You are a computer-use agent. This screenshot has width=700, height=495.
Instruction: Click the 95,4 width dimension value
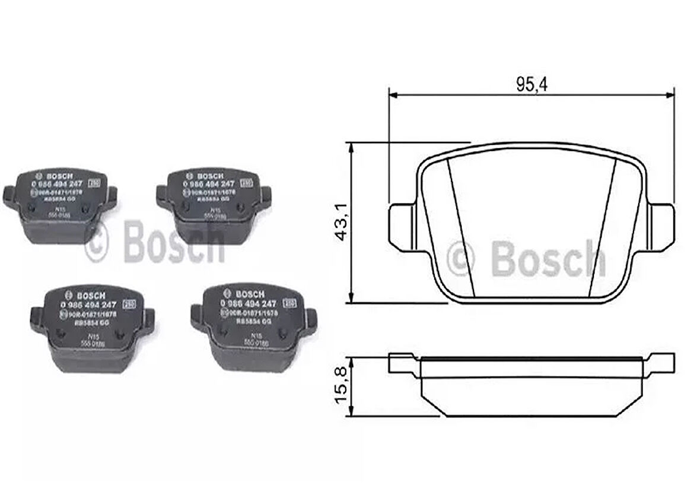[531, 85]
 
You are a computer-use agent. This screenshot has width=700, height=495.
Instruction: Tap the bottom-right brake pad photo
[253, 327]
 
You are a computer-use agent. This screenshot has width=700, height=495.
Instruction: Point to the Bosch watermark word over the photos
[174, 242]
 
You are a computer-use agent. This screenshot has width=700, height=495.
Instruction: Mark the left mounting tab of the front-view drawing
[404, 226]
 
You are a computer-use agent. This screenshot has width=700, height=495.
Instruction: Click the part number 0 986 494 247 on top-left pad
[56, 184]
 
